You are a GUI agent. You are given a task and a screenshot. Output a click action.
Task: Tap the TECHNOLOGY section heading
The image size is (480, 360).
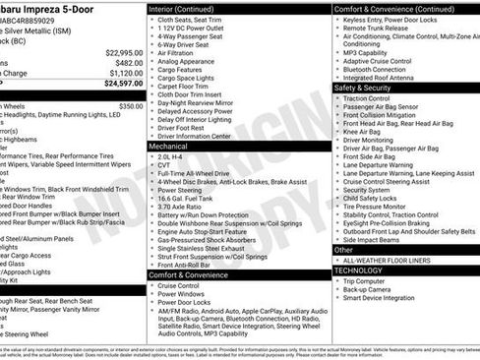pyautogui.click(x=358, y=270)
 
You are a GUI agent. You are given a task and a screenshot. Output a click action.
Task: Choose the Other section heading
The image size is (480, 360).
pyautogui.click(x=343, y=249)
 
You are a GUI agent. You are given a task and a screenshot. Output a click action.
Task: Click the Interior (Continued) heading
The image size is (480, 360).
pyautogui.click(x=183, y=8)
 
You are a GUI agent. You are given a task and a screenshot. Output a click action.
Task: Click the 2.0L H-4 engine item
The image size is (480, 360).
pyautogui.click(x=173, y=155)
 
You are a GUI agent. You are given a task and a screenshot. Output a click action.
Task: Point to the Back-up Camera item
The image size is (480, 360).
pyautogui.click(x=368, y=290)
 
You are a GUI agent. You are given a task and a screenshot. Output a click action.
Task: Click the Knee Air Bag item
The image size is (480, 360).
pyautogui.click(x=364, y=131)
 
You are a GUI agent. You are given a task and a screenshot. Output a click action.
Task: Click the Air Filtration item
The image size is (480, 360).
pyautogui.click(x=179, y=53)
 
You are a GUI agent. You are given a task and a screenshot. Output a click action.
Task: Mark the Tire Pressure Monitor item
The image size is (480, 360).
pyautogui.click(x=379, y=207)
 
